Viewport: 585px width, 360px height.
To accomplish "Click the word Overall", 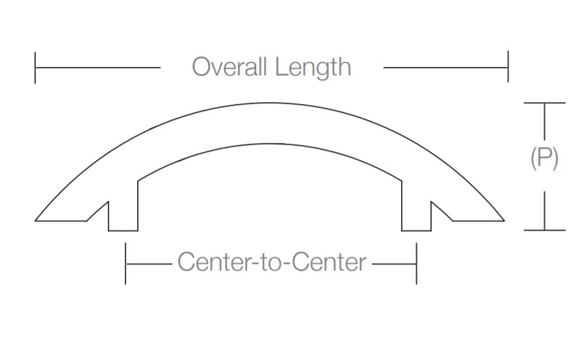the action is coord(230,67).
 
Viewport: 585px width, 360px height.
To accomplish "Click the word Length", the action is coord(313,67).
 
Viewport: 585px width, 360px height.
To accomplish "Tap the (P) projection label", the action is coord(544,158).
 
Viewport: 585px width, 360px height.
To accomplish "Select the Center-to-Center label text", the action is coord(272,263).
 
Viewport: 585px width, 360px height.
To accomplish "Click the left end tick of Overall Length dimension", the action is coord(35,67).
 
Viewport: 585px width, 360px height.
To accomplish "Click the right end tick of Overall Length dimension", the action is coord(508,67).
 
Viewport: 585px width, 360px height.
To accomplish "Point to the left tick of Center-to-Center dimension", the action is coord(125,263).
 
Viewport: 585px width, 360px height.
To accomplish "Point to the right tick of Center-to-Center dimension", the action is coord(416,263).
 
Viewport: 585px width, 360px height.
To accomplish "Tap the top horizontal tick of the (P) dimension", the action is coord(544,103).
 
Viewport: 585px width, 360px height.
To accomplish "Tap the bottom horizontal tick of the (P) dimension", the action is coord(544,230).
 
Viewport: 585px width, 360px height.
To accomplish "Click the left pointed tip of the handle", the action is coord(36,220).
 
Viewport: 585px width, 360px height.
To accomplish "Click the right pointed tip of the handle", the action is coord(504,220).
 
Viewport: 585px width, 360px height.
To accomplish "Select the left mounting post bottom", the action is coord(123,230).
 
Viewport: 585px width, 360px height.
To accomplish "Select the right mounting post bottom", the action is coord(416,230).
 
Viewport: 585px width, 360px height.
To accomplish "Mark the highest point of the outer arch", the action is coord(270,103).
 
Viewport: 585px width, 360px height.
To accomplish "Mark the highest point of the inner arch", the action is coord(270,144).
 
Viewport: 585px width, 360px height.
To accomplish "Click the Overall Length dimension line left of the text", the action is coord(97,67).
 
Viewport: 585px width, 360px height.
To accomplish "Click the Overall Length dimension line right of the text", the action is coord(445,67).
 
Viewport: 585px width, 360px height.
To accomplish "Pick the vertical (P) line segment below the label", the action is coord(544,209).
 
